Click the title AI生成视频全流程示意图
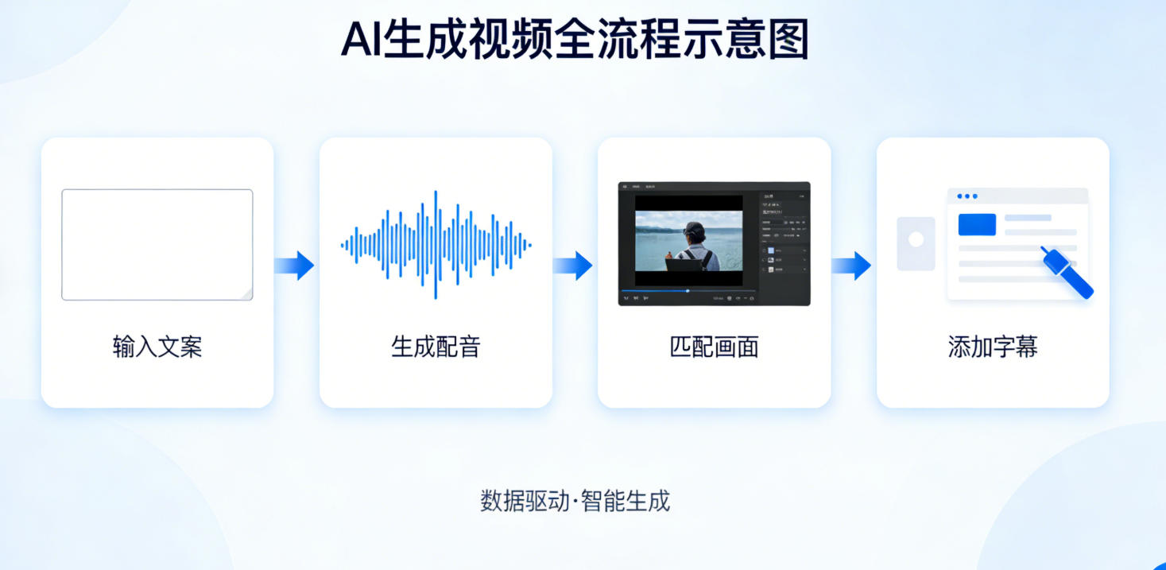tap(575, 40)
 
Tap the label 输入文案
tap(157, 347)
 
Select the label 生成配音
tap(436, 347)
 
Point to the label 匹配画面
tap(714, 347)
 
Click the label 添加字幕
tap(993, 347)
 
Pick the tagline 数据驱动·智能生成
tap(575, 501)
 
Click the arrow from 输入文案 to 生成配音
tap(295, 265)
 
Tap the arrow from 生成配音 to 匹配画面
tap(573, 265)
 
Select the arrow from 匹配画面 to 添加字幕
tap(852, 265)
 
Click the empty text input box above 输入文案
tap(157, 244)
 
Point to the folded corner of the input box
tap(246, 294)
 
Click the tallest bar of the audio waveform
tap(436, 245)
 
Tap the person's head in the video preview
tap(694, 231)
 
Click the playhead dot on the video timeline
tap(688, 291)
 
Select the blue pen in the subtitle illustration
tap(1067, 272)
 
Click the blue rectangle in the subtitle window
tap(977, 224)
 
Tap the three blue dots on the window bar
tap(967, 196)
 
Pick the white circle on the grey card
tap(916, 238)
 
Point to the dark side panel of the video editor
tap(784, 238)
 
